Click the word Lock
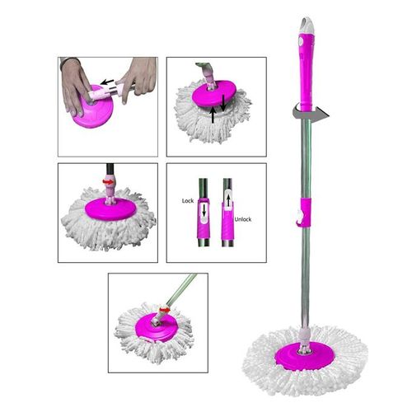[x=188, y=201]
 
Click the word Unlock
[x=243, y=219]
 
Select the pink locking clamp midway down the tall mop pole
[x=304, y=212]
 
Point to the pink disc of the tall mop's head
[x=305, y=356]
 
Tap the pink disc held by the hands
[x=94, y=110]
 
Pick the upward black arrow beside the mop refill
[x=213, y=115]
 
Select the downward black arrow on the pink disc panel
[x=223, y=103]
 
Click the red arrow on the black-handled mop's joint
[x=108, y=181]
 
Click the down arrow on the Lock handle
[x=204, y=211]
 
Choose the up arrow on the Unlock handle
[x=228, y=201]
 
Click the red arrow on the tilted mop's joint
[x=165, y=310]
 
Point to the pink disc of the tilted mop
[x=155, y=327]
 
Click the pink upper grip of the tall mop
[x=307, y=71]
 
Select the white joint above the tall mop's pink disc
[x=306, y=337]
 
